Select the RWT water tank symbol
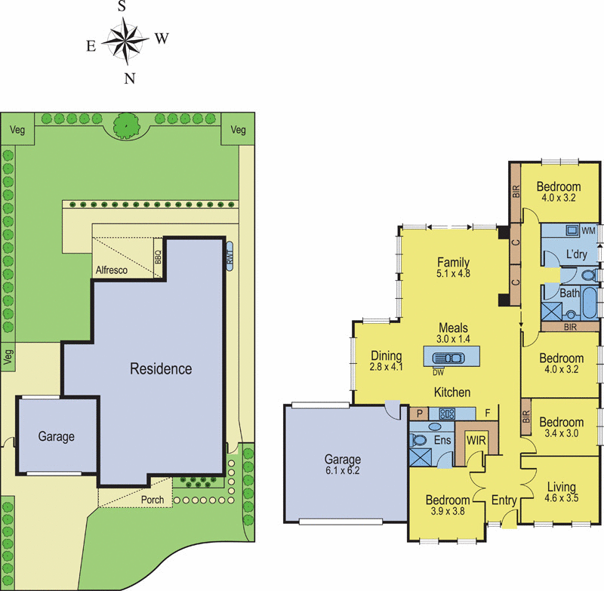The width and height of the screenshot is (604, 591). (x=230, y=254)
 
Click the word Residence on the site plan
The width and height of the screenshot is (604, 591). (x=161, y=369)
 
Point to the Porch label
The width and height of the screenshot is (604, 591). (x=153, y=500)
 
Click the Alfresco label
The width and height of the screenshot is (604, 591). (x=112, y=269)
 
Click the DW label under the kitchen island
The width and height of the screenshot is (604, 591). (x=438, y=372)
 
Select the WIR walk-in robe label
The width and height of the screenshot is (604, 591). (x=476, y=440)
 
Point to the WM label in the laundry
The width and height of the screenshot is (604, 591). (x=588, y=229)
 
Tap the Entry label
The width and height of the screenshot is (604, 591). (x=503, y=500)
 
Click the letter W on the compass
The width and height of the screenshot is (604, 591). (x=160, y=38)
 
